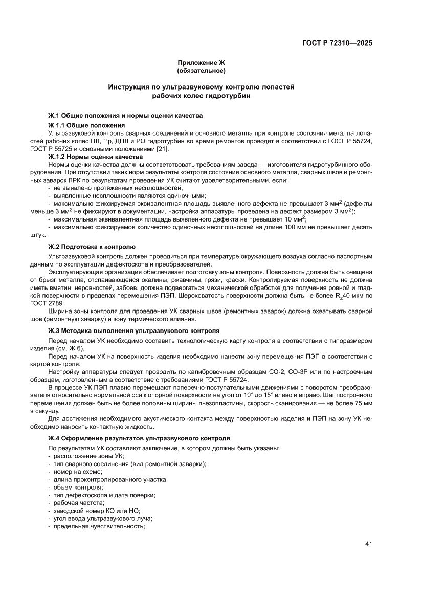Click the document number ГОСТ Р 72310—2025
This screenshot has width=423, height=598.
pos(336,43)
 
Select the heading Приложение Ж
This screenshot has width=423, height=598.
pos(201,62)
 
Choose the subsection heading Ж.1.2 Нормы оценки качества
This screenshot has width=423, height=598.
pos(96,156)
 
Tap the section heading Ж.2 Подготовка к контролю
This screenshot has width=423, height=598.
pos(92,246)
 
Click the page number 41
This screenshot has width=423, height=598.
pos(368,544)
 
